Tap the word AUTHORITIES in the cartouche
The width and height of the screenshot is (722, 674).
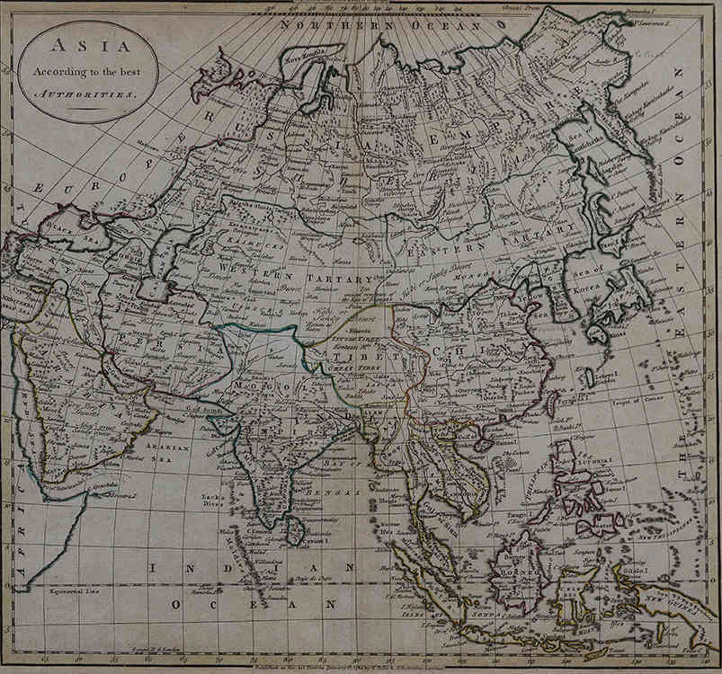tap(88, 93)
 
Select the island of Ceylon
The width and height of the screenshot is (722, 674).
tap(294, 533)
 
